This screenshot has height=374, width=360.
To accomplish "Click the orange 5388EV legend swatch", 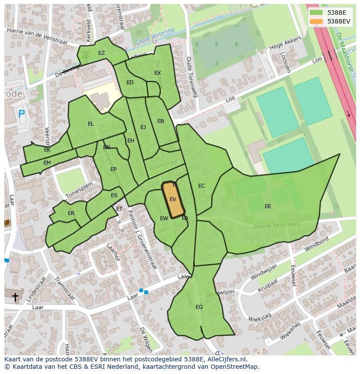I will click(317, 21).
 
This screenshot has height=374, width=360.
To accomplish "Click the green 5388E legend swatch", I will click(317, 13).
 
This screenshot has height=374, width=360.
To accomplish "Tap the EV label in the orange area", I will click(173, 199).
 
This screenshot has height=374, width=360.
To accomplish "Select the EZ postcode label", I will click(101, 53).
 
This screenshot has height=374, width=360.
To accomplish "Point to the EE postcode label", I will click(268, 206).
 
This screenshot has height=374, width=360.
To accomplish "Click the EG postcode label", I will click(199, 307).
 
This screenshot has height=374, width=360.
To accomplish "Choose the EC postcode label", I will click(201, 186).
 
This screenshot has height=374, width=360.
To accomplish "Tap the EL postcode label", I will click(90, 124).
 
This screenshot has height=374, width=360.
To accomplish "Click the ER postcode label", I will click(71, 213).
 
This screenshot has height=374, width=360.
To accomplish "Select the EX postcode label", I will click(157, 73).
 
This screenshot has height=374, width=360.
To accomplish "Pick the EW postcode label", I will click(163, 218).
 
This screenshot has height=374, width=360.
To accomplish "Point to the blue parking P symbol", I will click(21, 114).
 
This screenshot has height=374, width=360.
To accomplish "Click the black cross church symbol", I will click(15, 297).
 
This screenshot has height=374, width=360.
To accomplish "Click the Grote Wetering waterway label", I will click(154, 37).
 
